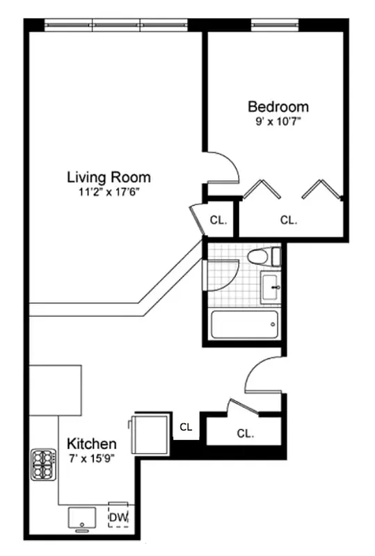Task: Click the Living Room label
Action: [109, 177]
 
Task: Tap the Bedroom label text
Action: [278, 107]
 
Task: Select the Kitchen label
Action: [92, 443]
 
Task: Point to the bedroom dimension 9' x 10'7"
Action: [278, 121]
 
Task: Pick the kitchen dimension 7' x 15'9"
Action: [92, 457]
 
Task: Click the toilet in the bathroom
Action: [259, 257]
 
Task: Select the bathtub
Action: [244, 323]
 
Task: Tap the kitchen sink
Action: [82, 518]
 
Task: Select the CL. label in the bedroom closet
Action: [289, 220]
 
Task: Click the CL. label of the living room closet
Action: [218, 220]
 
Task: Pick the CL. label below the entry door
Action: [244, 434]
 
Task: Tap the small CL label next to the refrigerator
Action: [186, 427]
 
